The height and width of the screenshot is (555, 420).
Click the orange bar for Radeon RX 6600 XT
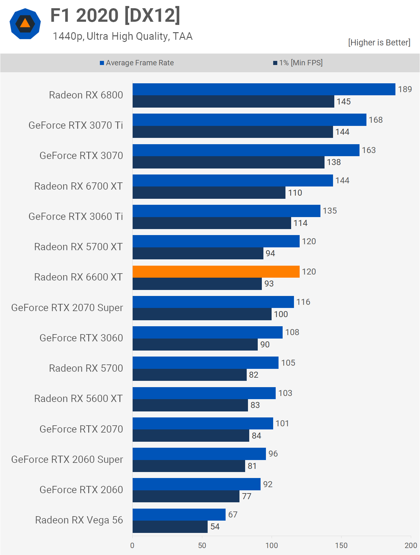click(x=216, y=272)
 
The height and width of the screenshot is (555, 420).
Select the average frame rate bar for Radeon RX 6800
click(x=264, y=89)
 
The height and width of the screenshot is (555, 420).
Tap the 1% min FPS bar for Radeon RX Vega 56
click(x=170, y=527)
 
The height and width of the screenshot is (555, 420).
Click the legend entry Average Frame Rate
click(x=137, y=63)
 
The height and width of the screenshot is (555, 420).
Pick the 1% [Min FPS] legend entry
click(x=298, y=63)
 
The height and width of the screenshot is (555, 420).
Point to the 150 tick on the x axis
click(x=341, y=545)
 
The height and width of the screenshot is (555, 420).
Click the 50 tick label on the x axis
click(x=202, y=545)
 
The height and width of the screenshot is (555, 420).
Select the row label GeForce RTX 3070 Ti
click(x=76, y=125)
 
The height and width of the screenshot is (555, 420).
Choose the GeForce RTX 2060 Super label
click(x=67, y=459)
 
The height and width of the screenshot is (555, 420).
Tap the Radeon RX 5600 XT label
click(x=78, y=399)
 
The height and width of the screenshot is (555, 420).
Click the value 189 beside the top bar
click(x=405, y=89)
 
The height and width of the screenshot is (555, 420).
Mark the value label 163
click(x=369, y=150)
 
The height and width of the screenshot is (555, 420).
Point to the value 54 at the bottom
click(x=215, y=527)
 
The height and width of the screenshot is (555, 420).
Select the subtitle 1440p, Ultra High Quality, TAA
click(x=123, y=36)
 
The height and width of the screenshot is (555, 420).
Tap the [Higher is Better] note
click(x=379, y=43)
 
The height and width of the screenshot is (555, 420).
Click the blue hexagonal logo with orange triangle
click(x=25, y=24)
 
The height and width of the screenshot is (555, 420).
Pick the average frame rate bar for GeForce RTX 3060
click(x=207, y=332)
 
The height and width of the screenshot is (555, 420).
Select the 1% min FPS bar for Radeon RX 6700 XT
click(x=209, y=193)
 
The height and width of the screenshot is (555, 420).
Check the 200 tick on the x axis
click(x=411, y=545)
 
